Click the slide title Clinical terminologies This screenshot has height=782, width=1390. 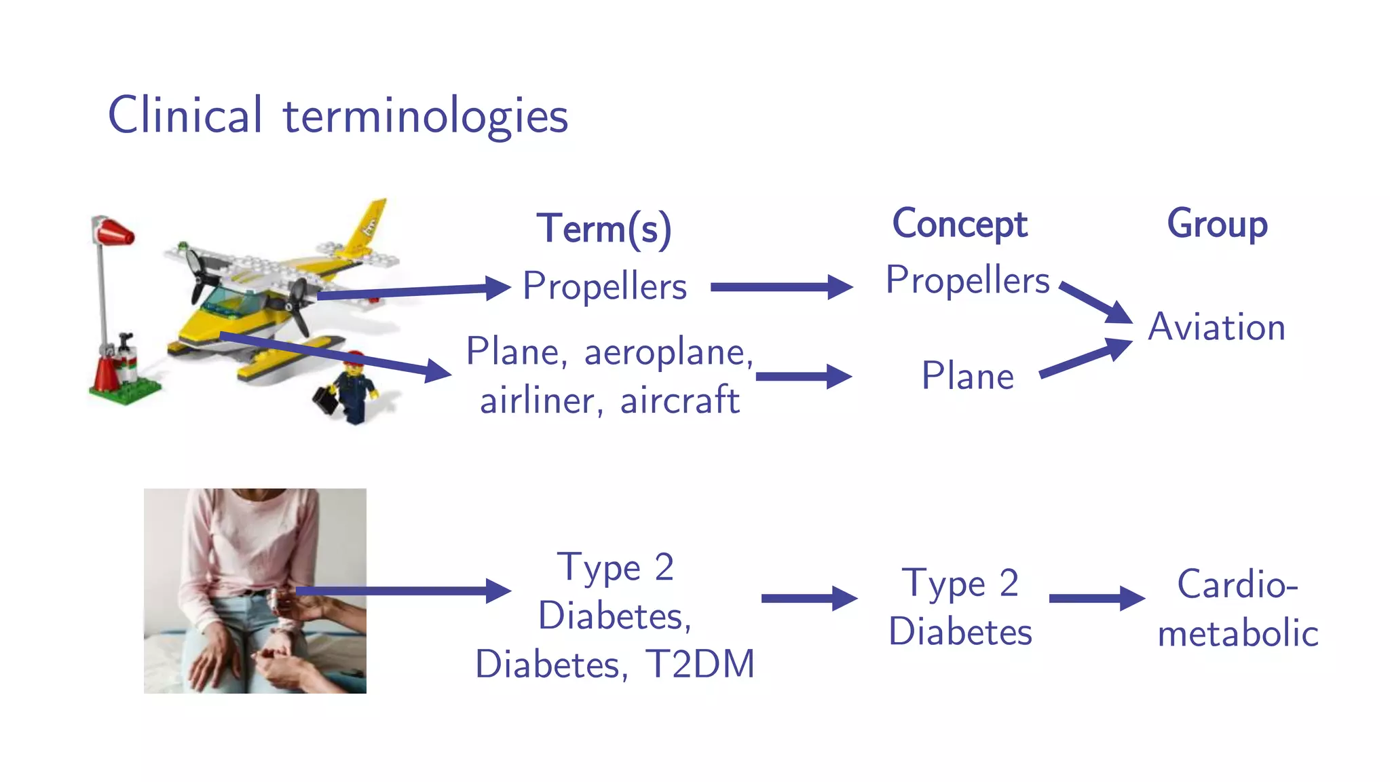coord(337,115)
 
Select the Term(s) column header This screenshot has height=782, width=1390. coord(604,229)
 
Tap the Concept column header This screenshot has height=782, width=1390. coord(959,225)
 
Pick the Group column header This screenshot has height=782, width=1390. coord(1217,224)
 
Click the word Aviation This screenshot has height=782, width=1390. coord(1216,327)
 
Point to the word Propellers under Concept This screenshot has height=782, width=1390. coord(967,280)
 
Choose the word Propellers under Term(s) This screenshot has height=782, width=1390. coord(604,286)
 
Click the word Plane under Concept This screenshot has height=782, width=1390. coord(967,376)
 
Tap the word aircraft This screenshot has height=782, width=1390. coord(679,400)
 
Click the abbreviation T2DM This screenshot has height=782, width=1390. coord(699,664)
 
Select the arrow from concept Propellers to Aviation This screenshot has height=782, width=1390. coord(1095,302)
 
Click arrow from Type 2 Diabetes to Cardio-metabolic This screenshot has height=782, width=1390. coord(1096,598)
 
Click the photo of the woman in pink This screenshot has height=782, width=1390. coord(255,591)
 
